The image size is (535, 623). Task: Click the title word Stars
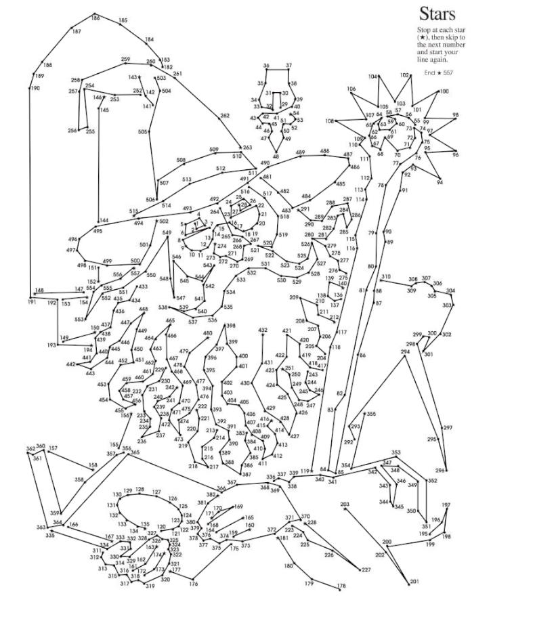click(x=437, y=14)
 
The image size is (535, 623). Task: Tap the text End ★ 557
click(x=438, y=72)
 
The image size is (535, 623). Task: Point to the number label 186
click(x=95, y=18)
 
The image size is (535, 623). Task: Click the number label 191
click(x=32, y=302)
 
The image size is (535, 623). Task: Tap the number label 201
click(x=414, y=581)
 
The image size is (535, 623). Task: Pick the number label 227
click(x=366, y=570)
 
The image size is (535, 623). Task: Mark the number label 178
click(x=341, y=586)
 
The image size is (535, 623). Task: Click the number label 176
click(x=194, y=583)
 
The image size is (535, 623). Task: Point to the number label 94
click(x=440, y=182)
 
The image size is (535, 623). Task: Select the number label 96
click(x=455, y=154)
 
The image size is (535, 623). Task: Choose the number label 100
click(x=444, y=91)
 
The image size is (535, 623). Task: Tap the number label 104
click(x=372, y=77)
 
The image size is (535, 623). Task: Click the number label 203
click(x=345, y=504)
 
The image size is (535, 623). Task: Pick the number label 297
click(x=448, y=428)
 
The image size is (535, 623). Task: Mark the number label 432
click(x=263, y=330)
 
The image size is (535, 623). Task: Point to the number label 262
click(x=225, y=116)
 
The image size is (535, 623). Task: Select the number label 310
click(x=386, y=276)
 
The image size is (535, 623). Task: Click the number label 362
click(x=30, y=448)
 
